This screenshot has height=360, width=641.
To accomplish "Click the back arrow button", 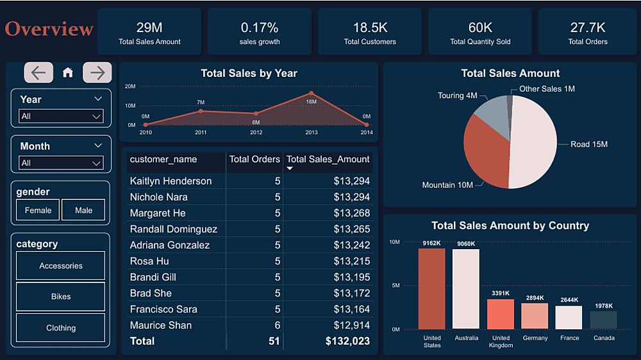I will pos(38,72).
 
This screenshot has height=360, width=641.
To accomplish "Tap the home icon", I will pos(68,73).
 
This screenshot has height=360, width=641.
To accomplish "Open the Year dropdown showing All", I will pos(61,116).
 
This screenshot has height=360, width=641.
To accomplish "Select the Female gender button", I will pos(38,210).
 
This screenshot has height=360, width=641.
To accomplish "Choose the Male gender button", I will pos(83,210).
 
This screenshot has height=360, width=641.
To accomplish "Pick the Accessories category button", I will pos(61,266).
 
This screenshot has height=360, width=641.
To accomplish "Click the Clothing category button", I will pos(61,328).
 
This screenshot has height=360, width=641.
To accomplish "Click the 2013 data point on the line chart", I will pos(311,94).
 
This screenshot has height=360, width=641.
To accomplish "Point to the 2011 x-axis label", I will pos(201,133).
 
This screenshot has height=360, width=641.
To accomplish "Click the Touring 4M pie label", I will pos(457,95).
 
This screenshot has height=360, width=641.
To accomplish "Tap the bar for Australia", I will pos(466,288).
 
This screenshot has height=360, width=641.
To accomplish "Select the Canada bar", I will pos(603,320).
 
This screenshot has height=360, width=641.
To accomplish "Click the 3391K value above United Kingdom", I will pos(501,293).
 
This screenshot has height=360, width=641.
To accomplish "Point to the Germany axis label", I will pos(535,338).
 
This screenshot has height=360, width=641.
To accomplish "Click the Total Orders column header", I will pos(254,159).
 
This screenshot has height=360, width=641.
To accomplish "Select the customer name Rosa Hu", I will pos(150,261).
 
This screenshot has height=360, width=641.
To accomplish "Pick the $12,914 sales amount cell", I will pos(352,325).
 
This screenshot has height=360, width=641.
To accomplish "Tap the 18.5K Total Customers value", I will pos(370,28).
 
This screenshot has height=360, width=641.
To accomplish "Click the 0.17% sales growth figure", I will pos(260,28).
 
